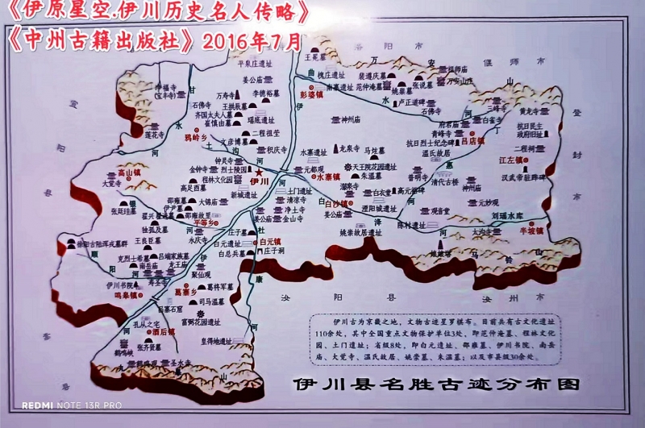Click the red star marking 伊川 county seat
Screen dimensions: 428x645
[x=260, y=172]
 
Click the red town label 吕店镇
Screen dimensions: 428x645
[x=472, y=140]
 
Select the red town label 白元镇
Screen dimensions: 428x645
[x=270, y=241]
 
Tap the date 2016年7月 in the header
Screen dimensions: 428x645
[x=252, y=39]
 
